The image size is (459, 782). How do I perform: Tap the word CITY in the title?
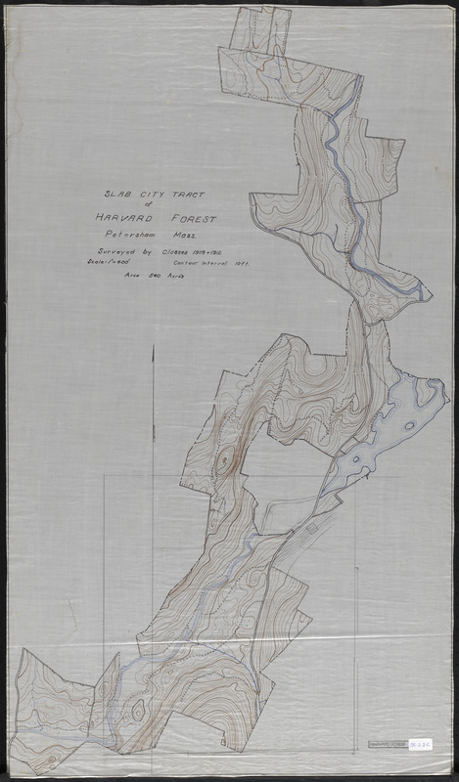point(136,195)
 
